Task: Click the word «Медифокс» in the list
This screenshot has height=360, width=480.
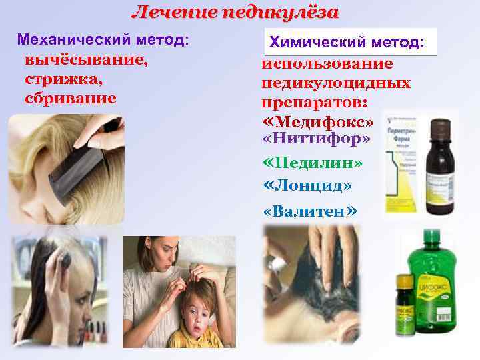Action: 318,124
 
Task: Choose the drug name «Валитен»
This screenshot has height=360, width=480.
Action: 310,211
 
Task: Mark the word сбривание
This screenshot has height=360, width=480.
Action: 70,98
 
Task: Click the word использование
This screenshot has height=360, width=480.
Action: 327,65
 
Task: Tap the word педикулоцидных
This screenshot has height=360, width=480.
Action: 336,84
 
